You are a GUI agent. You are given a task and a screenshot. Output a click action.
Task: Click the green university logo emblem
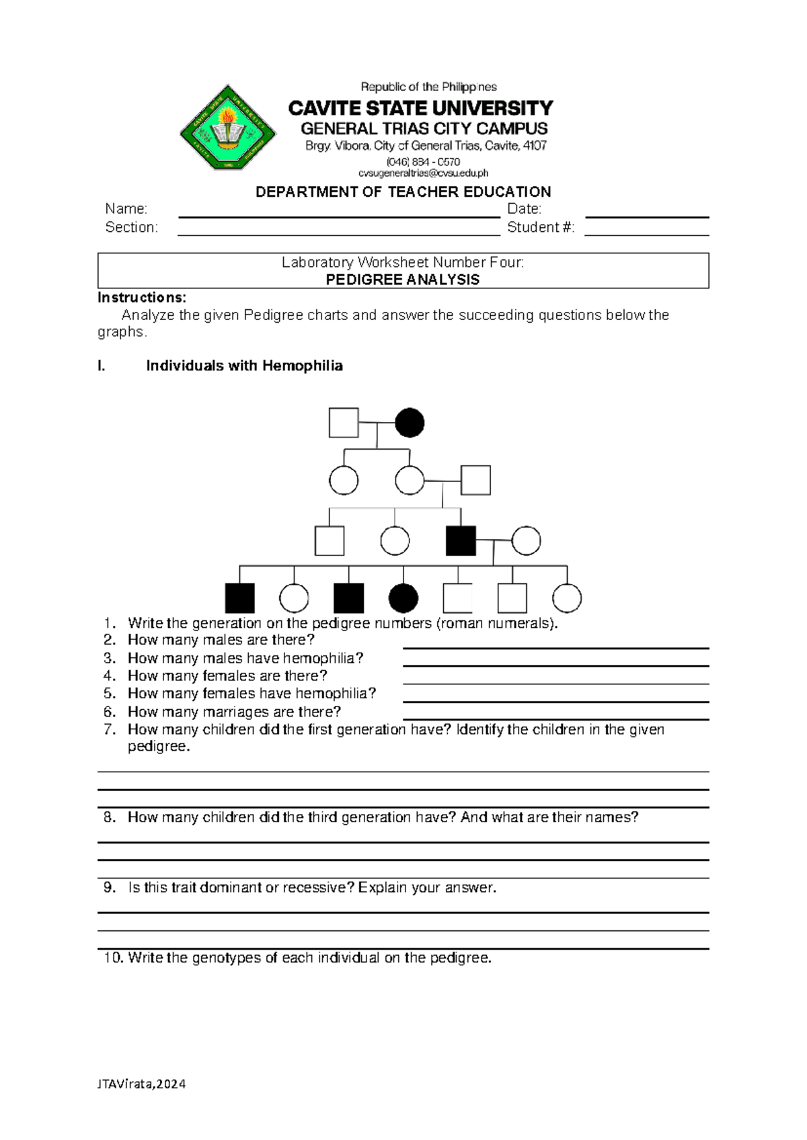point(228,128)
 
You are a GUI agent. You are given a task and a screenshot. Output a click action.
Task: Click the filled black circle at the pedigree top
point(410,423)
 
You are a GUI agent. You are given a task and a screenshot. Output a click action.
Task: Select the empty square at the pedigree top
point(344,423)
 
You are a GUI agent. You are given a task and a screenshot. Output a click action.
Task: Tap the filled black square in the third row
point(461,540)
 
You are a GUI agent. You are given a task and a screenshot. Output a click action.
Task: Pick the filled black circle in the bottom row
point(403,598)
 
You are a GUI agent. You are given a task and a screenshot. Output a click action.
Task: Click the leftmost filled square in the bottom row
point(240,598)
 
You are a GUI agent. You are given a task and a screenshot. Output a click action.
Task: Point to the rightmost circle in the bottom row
point(567,598)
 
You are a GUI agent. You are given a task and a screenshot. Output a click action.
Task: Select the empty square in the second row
point(475,481)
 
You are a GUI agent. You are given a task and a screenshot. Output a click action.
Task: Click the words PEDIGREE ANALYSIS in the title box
point(402,280)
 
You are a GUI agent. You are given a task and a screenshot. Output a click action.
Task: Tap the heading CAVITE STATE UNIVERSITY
point(420,108)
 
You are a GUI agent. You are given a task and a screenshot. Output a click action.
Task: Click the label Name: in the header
point(126,209)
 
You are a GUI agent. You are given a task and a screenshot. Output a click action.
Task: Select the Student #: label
point(541,227)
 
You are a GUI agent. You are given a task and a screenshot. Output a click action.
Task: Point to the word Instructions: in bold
point(142,298)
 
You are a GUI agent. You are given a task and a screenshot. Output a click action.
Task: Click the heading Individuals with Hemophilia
point(244,366)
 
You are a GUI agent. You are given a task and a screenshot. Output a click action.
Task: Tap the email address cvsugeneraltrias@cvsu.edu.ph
point(423,173)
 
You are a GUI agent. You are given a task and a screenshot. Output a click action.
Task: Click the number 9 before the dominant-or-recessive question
point(110,887)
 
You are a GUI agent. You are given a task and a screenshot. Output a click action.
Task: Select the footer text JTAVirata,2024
point(142,1084)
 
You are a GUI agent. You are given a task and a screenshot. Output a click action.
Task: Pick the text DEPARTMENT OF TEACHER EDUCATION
point(403,192)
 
